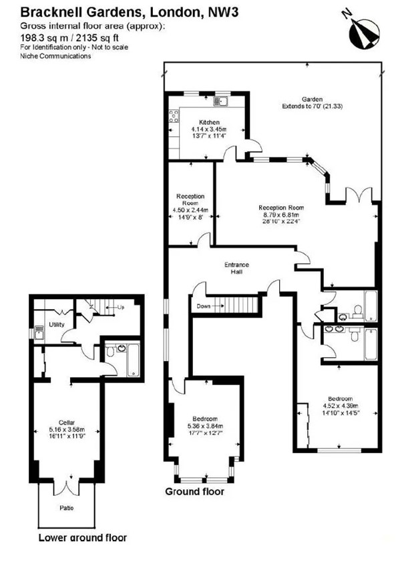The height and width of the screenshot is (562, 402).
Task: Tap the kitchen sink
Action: pos(220,102)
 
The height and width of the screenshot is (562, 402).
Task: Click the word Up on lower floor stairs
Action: pos(120,307)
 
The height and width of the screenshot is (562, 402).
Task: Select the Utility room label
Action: pos(57,325)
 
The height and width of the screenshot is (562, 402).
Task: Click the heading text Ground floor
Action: pos(195,492)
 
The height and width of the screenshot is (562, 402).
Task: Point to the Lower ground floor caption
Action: pos(82,537)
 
